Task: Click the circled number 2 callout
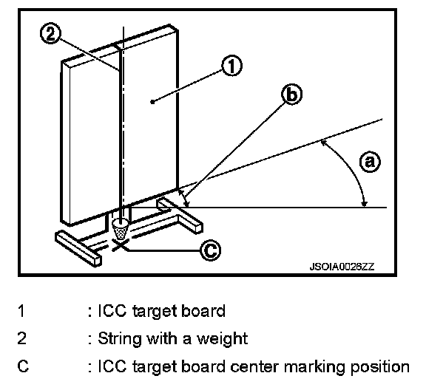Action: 50,34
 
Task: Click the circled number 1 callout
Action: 231,66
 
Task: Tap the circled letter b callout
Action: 291,94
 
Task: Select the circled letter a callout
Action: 370,162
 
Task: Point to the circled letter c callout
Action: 210,250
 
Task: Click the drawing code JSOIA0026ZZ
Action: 342,267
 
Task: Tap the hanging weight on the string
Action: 121,229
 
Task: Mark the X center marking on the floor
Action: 120,246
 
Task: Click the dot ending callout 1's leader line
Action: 152,102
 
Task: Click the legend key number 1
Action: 21,311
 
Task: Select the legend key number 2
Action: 22,338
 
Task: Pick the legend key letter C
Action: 23,366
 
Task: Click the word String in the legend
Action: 120,339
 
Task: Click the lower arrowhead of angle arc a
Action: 365,204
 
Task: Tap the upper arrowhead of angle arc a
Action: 324,143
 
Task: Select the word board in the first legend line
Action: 203,311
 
